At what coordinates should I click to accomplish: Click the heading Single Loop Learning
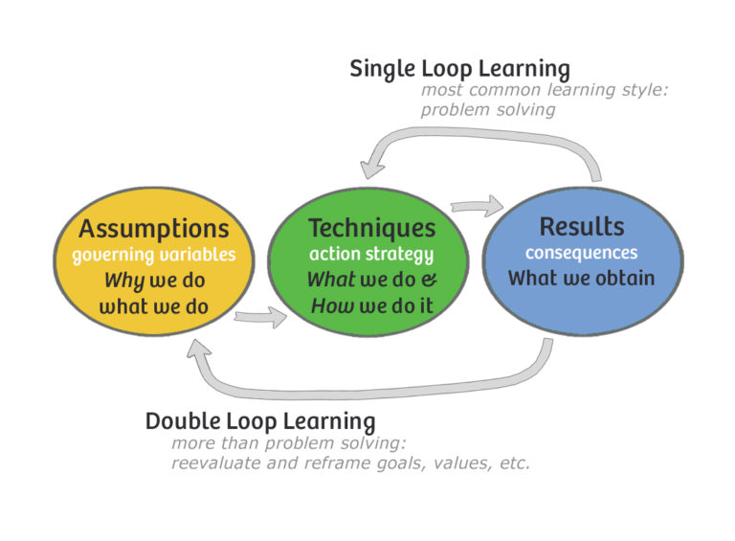459,69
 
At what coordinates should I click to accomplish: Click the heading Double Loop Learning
259,420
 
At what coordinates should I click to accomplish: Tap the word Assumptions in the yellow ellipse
154,229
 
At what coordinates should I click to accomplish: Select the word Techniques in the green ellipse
371,229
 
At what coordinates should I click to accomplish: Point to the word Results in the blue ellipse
582,227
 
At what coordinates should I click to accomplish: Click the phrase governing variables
154,256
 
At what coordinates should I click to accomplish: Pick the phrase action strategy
371,256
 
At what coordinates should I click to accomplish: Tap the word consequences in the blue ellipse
581,254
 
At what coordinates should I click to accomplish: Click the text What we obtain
582,279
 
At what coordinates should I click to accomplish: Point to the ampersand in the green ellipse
428,282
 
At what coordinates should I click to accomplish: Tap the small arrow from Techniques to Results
478,204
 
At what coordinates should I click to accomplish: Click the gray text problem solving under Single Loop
488,110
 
